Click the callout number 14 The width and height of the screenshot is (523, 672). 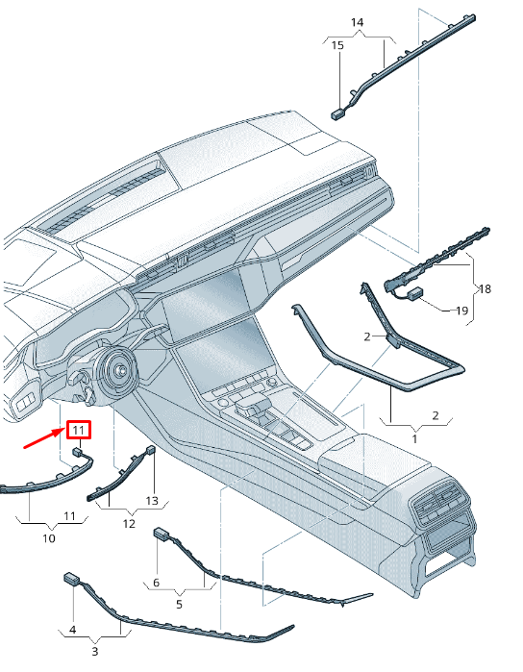(357, 22)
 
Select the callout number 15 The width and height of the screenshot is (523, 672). (337, 45)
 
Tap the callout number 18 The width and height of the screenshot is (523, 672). (485, 288)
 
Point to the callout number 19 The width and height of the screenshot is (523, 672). (461, 311)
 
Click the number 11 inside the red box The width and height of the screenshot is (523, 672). (79, 430)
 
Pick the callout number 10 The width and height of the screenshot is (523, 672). (49, 538)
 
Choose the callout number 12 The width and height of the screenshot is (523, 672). (129, 524)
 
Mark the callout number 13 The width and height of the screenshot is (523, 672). (152, 501)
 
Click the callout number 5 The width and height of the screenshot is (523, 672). (179, 605)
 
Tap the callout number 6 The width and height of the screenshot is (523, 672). (156, 583)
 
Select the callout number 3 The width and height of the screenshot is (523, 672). (95, 652)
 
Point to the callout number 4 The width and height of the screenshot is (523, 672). (73, 630)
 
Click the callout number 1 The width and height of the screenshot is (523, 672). (414, 438)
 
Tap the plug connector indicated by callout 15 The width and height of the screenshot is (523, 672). (337, 113)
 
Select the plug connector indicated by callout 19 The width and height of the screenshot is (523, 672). (414, 293)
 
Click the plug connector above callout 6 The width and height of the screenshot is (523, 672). (161, 534)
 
